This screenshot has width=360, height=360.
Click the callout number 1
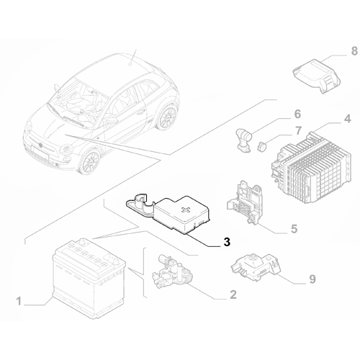pyautogui.click(x=19, y=299)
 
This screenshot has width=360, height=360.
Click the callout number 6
pyautogui.click(x=295, y=113)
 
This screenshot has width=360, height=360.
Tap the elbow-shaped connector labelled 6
pyautogui.click(x=243, y=136)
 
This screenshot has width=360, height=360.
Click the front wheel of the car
pyautogui.click(x=88, y=161)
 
